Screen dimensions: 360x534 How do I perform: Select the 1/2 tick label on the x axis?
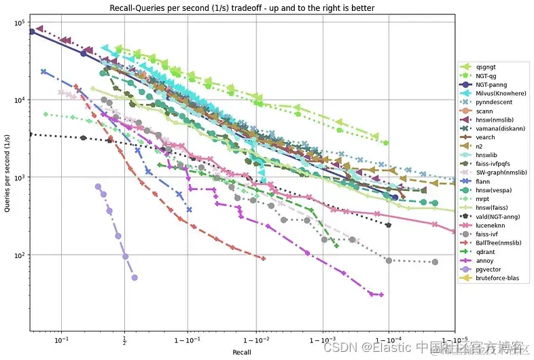(124, 340)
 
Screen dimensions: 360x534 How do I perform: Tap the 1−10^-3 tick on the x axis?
(323, 340)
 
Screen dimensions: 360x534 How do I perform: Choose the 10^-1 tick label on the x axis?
(62, 340)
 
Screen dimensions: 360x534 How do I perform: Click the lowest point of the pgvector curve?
(135, 277)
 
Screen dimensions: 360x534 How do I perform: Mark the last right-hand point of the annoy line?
(381, 295)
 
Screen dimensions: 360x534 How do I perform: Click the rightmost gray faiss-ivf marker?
(435, 262)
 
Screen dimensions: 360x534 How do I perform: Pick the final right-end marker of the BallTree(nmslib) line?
(263, 258)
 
